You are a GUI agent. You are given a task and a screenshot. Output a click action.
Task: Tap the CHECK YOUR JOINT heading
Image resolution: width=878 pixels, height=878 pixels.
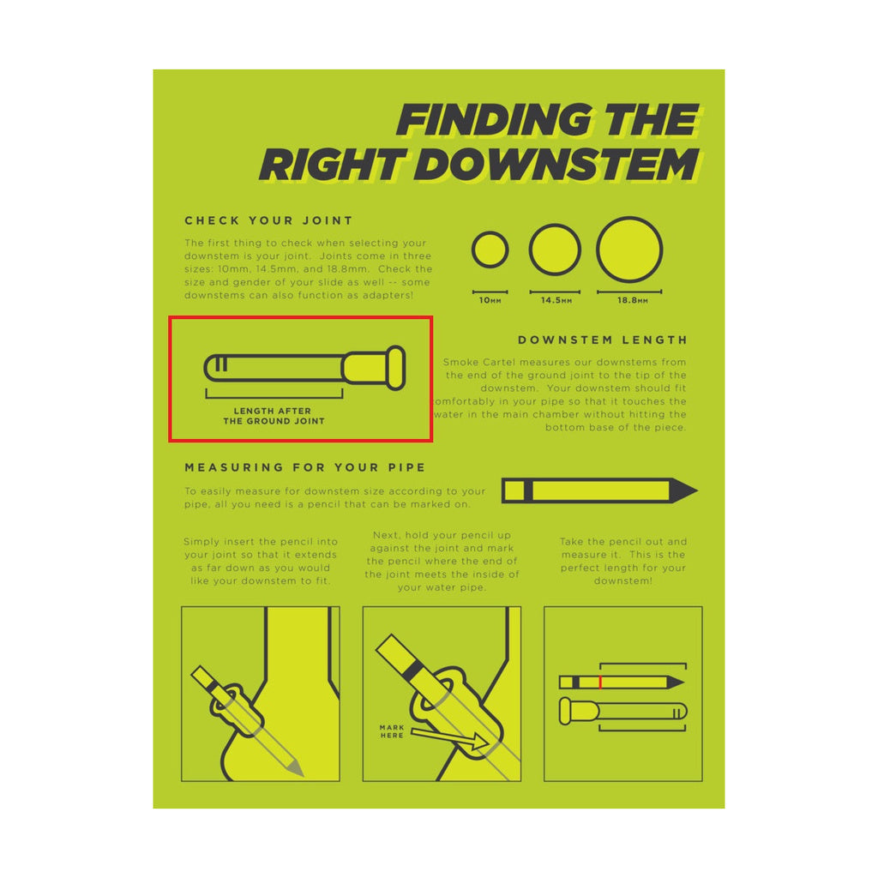tap(268, 220)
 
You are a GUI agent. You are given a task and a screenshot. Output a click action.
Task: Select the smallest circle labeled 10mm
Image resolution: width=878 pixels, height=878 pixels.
tap(490, 250)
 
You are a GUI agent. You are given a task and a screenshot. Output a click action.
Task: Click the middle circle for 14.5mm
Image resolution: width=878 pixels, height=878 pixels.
tap(555, 250)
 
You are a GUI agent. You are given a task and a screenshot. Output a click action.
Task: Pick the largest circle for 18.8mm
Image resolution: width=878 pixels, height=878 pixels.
tap(629, 250)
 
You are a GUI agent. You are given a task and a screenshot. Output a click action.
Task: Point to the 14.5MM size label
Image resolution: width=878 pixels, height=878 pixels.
tap(555, 301)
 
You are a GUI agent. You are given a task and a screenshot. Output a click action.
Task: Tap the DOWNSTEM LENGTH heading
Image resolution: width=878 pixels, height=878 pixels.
tap(602, 340)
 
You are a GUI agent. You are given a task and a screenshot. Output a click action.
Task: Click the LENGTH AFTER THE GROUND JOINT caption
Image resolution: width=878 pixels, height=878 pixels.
tap(274, 416)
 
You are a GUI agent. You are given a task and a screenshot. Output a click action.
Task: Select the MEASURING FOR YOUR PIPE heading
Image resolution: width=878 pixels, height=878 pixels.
tap(304, 467)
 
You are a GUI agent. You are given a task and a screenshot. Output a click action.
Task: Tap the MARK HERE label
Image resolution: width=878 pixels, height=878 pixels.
tap(392, 731)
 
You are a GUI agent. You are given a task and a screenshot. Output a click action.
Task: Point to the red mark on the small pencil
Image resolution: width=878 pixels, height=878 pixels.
tap(600, 683)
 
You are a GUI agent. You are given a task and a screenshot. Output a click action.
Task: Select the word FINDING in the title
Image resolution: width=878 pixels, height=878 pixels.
tap(494, 121)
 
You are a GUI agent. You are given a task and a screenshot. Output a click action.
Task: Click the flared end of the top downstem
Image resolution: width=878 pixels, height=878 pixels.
tap(395, 368)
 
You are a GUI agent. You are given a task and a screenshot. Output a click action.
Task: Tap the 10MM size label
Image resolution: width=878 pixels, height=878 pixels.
tap(490, 301)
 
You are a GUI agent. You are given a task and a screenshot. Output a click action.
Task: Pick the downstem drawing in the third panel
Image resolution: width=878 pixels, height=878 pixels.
tap(622, 712)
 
